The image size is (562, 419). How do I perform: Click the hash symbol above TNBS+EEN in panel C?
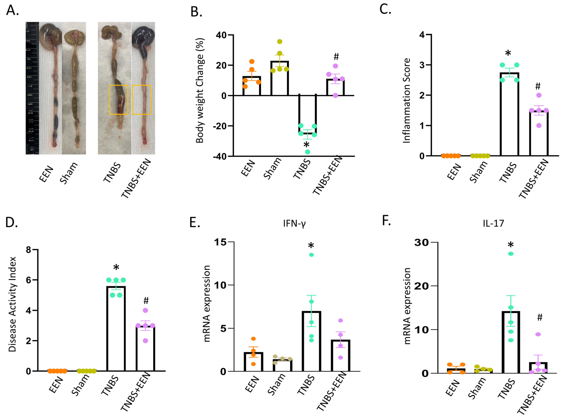(x=538, y=86)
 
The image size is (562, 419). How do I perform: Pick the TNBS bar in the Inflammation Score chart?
(x=509, y=114)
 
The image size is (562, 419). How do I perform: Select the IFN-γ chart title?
(x=294, y=223)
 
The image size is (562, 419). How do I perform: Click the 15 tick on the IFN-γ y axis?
(x=221, y=242)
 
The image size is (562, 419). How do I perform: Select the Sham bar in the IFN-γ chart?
(x=282, y=365)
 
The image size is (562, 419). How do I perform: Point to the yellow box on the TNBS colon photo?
(x=118, y=99)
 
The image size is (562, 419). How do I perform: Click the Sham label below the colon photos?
(x=68, y=173)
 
